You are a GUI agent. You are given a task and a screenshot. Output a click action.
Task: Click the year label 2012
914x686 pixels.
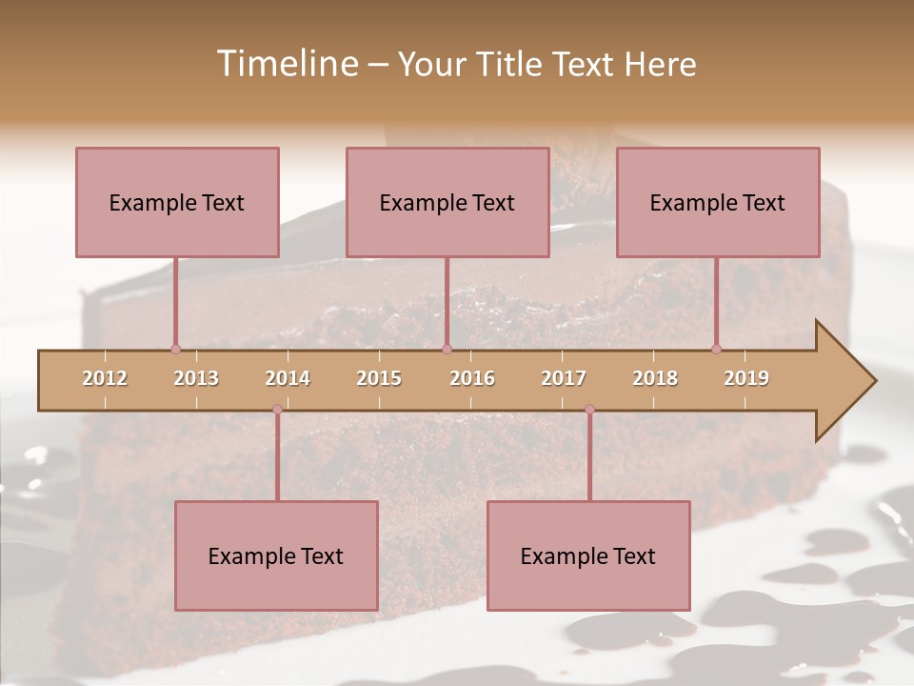click(x=105, y=378)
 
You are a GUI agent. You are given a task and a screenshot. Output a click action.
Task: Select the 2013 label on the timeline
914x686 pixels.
click(x=196, y=378)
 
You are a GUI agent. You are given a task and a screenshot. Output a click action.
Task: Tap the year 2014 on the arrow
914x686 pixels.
click(x=288, y=378)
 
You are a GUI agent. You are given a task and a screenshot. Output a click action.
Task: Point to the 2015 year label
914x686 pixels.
click(x=379, y=378)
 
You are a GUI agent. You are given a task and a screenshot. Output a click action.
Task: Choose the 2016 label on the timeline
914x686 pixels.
click(x=472, y=378)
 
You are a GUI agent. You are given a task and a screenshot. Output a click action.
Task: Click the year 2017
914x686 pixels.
click(x=564, y=378)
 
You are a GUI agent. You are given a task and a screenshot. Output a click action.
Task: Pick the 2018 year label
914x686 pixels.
click(x=655, y=378)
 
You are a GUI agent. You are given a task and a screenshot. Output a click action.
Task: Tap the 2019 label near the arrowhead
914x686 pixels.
click(x=746, y=378)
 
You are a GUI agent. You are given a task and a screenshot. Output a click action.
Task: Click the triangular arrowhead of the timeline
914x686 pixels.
click(x=844, y=381)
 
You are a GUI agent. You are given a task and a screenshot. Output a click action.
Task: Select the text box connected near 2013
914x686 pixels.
click(x=177, y=202)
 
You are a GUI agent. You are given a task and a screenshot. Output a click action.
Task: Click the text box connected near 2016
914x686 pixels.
click(x=447, y=202)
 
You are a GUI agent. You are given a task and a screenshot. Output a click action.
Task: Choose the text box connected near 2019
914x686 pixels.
click(x=718, y=202)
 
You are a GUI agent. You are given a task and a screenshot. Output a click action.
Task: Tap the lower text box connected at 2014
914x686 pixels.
click(x=276, y=555)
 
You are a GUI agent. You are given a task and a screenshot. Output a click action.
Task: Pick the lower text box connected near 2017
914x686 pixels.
click(x=588, y=555)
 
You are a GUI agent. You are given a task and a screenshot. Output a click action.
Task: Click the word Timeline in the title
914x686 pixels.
click(x=286, y=64)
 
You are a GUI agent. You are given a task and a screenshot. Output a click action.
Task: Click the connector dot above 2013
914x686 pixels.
click(x=175, y=349)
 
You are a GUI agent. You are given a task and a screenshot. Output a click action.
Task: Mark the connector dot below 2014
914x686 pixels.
click(x=277, y=409)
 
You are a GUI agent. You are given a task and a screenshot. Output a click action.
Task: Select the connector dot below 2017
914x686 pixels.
click(x=589, y=409)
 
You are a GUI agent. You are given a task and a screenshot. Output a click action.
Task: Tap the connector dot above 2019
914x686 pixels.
click(x=717, y=349)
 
